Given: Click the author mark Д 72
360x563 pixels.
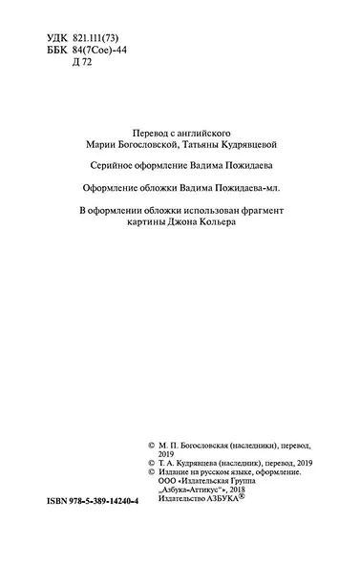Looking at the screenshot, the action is click(x=83, y=61).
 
